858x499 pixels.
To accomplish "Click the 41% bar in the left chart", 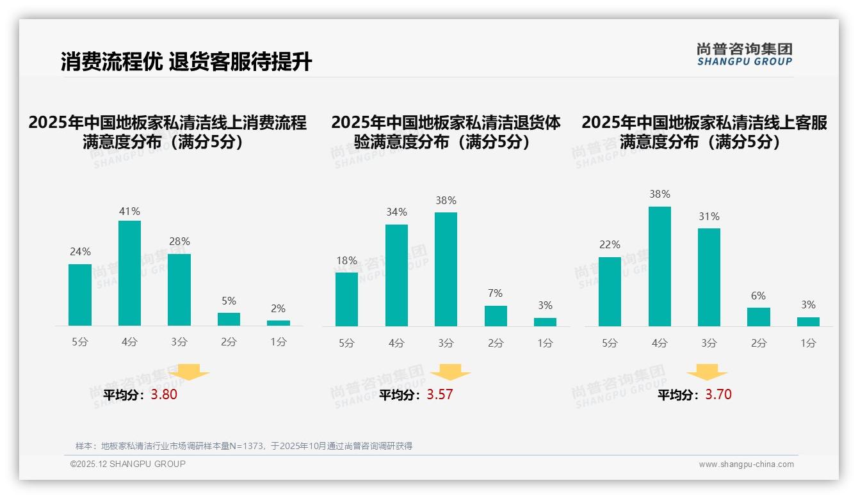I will click(129, 273).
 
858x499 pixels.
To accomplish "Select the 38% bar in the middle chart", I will click(446, 269).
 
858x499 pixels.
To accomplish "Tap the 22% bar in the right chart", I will click(610, 292).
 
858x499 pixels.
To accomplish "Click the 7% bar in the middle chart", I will click(496, 316).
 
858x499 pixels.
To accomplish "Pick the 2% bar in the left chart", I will click(279, 323).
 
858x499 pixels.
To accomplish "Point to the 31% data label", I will click(709, 217).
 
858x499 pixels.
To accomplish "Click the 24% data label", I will click(80, 252).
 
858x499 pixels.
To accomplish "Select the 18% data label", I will click(346, 260).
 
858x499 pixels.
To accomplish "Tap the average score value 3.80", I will click(164, 395).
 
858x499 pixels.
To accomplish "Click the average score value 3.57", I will click(440, 395).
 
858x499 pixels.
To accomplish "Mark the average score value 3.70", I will click(718, 395).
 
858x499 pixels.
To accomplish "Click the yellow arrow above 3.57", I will click(450, 372).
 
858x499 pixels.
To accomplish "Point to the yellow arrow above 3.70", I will click(707, 372).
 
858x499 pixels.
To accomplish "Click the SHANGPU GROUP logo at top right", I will click(744, 54).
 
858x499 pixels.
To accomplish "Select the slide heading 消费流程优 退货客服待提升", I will click(186, 62).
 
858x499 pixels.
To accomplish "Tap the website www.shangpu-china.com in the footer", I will click(746, 464).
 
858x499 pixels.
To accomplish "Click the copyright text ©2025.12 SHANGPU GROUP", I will click(128, 464).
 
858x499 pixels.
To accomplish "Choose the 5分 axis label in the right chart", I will click(610, 344).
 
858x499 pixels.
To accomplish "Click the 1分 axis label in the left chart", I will click(279, 342).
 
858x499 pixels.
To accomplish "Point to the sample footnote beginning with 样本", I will click(244, 446).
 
